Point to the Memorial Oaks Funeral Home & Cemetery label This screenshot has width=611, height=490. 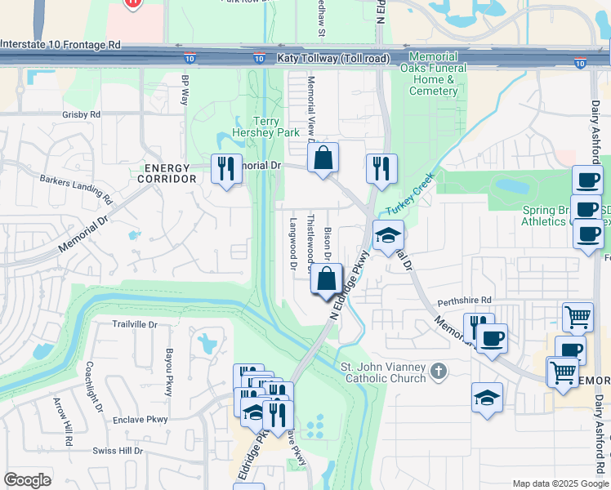(x=434, y=74)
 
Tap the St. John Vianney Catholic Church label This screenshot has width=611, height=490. (x=383, y=372)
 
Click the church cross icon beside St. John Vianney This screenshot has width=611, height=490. (x=439, y=372)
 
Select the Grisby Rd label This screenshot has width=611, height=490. (x=81, y=115)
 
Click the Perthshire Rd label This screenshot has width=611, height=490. (x=465, y=300)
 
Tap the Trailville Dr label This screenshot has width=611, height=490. (x=134, y=324)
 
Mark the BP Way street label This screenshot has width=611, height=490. (x=185, y=90)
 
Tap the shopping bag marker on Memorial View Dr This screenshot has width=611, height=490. (x=323, y=157)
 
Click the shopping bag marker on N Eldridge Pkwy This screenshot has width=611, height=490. (x=326, y=278)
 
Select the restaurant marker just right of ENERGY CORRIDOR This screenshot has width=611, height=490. (x=224, y=168)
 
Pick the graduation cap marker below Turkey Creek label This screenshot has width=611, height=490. (x=388, y=235)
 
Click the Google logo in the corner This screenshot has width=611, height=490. (x=29, y=480)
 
